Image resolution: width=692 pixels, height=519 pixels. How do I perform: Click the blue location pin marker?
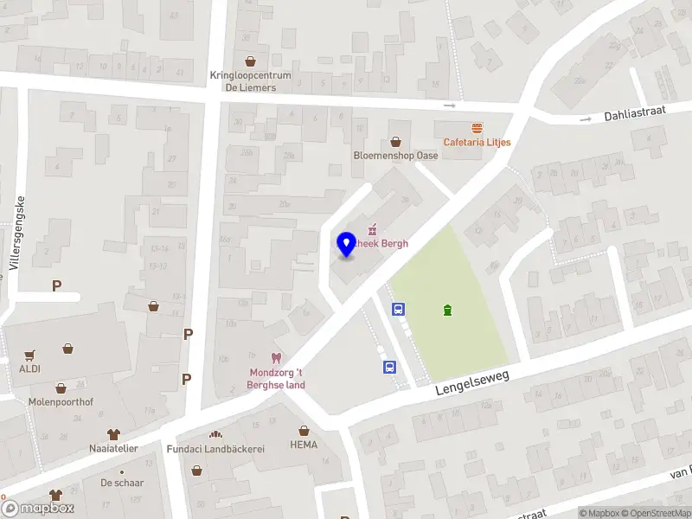tap(346, 243)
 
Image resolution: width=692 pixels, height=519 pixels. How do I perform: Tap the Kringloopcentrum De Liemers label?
tap(250, 80)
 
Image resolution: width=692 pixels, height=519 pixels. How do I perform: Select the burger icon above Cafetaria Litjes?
tap(477, 128)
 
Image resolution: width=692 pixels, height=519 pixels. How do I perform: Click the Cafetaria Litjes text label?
tap(477, 142)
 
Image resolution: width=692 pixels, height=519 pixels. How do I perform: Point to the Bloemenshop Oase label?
tap(395, 156)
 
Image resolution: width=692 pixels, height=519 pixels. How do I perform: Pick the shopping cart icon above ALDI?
tap(30, 355)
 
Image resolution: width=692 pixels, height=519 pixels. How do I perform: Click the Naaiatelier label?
tap(113, 448)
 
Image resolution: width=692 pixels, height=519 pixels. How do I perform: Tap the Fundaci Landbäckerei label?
tap(215, 448)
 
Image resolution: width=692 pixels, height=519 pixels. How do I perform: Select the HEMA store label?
tap(304, 445)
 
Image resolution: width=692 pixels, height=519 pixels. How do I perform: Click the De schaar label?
tap(122, 483)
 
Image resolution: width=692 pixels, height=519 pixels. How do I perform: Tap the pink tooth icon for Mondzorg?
tap(277, 358)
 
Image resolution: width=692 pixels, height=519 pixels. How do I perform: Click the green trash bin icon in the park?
tap(447, 311)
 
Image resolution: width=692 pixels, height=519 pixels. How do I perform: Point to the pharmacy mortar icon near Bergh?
tap(374, 230)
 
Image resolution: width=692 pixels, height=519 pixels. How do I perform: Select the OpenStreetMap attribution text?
tap(660, 513)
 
